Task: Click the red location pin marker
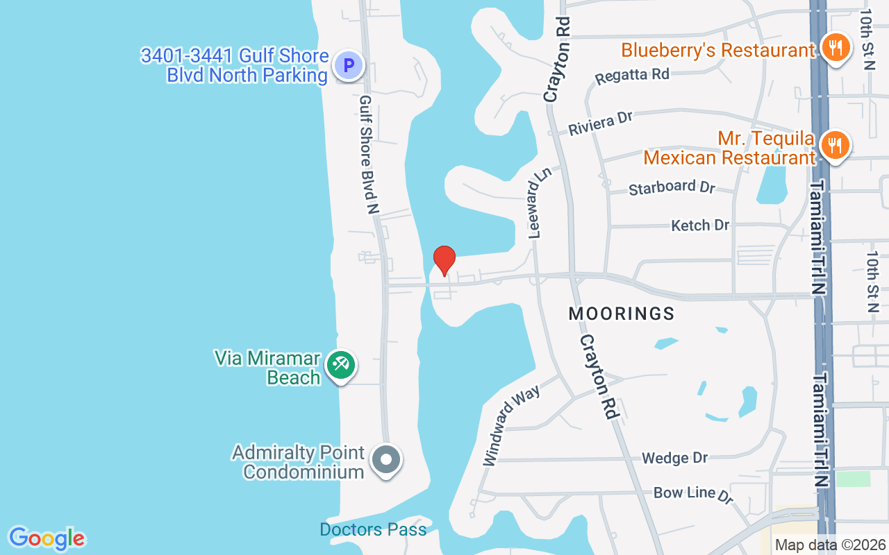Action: (x=444, y=260)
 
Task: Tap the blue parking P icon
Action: (x=348, y=66)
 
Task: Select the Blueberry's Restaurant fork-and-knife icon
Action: (x=836, y=48)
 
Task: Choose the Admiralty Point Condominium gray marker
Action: (x=386, y=459)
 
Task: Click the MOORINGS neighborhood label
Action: (x=622, y=314)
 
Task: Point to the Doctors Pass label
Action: (x=373, y=530)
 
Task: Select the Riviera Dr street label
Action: (x=601, y=123)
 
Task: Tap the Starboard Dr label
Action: (x=672, y=187)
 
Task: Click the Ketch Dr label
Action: (x=700, y=225)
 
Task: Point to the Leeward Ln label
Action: (x=535, y=207)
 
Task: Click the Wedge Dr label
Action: (x=674, y=458)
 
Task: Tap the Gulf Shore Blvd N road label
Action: (x=369, y=154)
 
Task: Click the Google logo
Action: (x=47, y=538)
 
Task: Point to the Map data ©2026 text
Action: (x=830, y=545)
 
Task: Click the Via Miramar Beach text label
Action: (x=267, y=368)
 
